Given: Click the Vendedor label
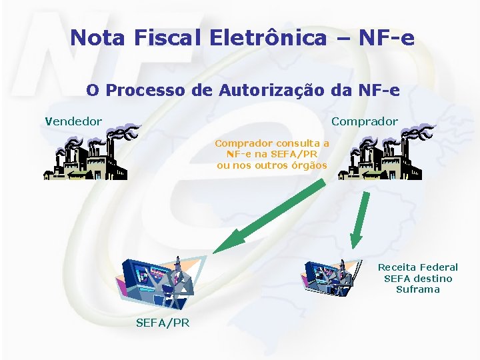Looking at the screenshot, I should (73, 121).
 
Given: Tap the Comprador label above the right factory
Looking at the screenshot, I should (364, 121).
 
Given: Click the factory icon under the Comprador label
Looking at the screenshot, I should (381, 157).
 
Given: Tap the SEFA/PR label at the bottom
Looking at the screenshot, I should (162, 323).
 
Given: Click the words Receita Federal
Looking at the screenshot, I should (418, 267).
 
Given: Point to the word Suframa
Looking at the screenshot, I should (418, 289).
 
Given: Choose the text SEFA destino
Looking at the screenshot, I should (418, 279).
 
